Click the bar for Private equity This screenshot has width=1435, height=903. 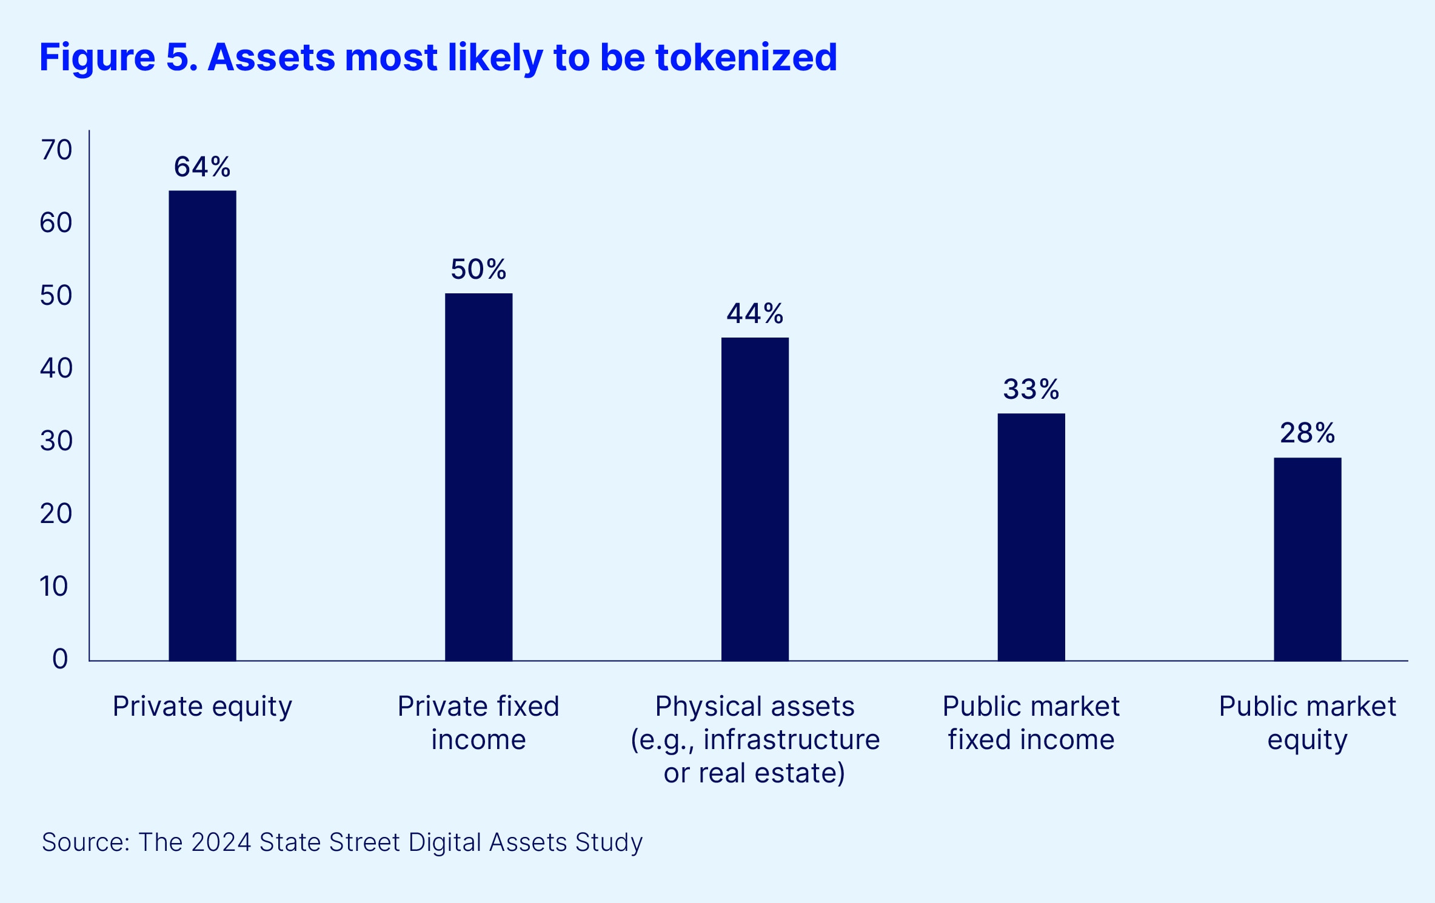pyautogui.click(x=202, y=425)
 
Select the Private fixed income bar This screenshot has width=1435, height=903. pyautogui.click(x=478, y=477)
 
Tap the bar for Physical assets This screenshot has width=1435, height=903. pyautogui.click(x=755, y=499)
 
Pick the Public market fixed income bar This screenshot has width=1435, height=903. pyautogui.click(x=1031, y=537)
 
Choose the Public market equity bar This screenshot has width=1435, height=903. pyautogui.click(x=1308, y=559)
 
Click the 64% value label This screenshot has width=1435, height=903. pyautogui.click(x=202, y=167)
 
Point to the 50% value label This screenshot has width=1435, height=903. pyautogui.click(x=478, y=269)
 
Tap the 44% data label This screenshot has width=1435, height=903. pyautogui.click(x=755, y=313)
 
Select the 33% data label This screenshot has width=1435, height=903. pyautogui.click(x=1031, y=389)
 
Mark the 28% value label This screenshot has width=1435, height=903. pyautogui.click(x=1308, y=433)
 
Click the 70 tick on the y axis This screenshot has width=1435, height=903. pyautogui.click(x=56, y=150)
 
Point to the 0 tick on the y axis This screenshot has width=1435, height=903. pyautogui.click(x=60, y=659)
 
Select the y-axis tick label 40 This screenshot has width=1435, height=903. pyautogui.click(x=56, y=368)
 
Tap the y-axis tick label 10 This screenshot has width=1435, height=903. pyautogui.click(x=54, y=586)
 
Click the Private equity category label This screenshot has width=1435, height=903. pyautogui.click(x=202, y=707)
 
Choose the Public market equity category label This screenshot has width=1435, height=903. pyautogui.click(x=1308, y=723)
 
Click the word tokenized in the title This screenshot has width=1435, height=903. pyautogui.click(x=746, y=58)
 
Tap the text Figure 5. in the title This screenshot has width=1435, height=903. pyautogui.click(x=118, y=58)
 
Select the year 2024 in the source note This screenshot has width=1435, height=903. pyautogui.click(x=221, y=842)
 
